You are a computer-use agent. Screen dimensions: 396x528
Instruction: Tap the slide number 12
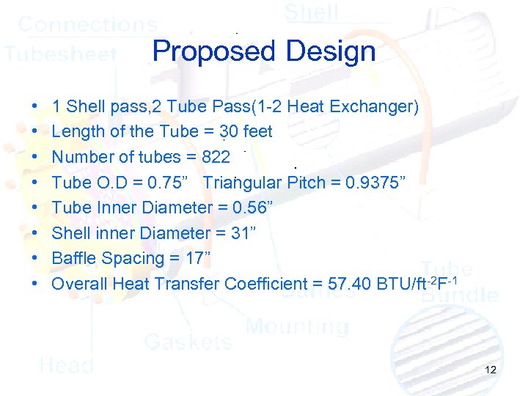coord(491,370)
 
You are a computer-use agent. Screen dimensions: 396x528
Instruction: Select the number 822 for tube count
coord(216,157)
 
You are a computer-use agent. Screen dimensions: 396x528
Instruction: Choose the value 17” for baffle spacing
coord(199,258)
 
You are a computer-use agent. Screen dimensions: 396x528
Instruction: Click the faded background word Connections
coord(87,24)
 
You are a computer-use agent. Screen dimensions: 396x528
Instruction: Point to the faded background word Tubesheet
coord(61,54)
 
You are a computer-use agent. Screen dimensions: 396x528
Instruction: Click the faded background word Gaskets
coord(188,341)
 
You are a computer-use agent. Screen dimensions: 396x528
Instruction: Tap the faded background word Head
coord(66,364)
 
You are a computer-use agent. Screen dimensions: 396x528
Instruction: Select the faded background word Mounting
coord(297,326)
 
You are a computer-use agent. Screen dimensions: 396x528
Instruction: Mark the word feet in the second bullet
coord(257,132)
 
